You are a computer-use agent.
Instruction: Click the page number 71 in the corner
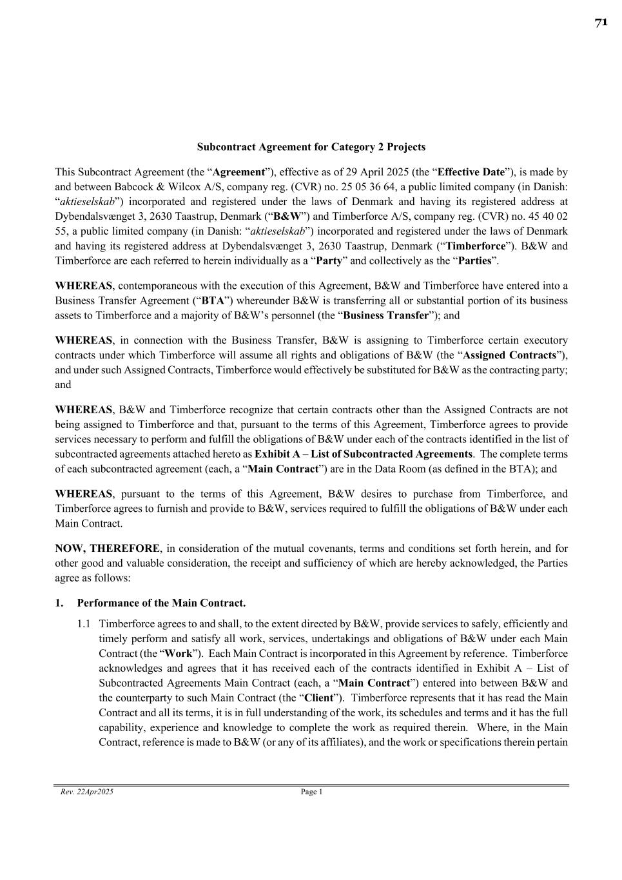(601, 23)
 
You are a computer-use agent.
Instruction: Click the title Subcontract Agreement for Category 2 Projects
(311, 147)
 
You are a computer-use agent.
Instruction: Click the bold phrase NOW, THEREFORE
(107, 549)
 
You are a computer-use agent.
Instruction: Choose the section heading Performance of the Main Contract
(161, 603)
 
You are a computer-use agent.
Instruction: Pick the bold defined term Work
(179, 654)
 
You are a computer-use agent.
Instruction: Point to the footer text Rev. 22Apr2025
(86, 792)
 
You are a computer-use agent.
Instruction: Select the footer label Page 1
(311, 792)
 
